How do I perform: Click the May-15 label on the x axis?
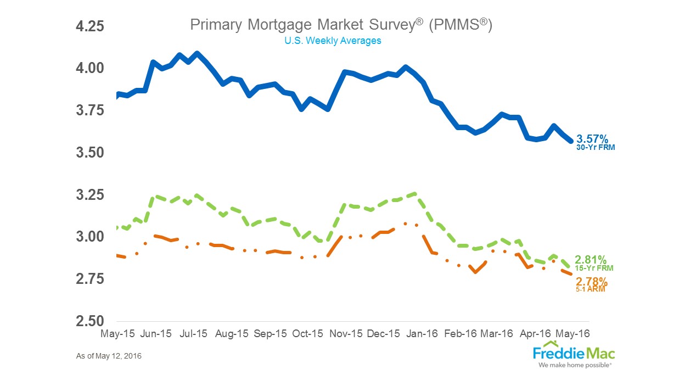pos(118,333)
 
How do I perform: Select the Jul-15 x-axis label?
pos(193,333)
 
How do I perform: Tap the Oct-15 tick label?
pos(308,333)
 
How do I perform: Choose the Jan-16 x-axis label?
pos(423,333)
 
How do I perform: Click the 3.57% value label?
pos(592,139)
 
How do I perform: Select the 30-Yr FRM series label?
pos(596,147)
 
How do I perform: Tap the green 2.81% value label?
pos(591,260)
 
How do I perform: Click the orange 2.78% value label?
pos(591,282)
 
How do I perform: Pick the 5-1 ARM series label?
pos(591,289)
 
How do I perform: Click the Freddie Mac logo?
pos(574,354)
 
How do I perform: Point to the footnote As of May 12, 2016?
pos(109,356)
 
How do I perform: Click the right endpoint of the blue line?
pos(571,141)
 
